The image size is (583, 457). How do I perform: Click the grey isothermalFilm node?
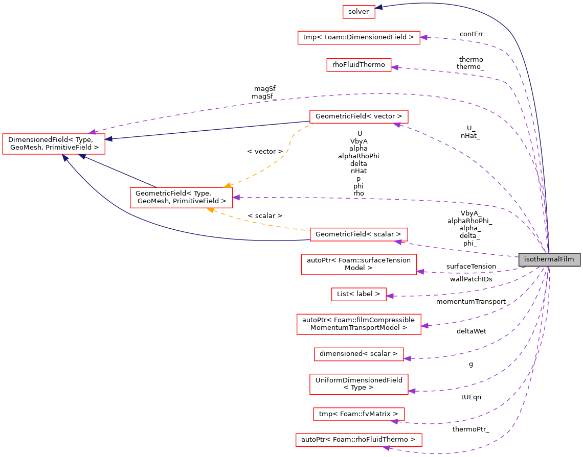pos(549,259)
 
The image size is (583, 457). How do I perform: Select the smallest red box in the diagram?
pos(358,12)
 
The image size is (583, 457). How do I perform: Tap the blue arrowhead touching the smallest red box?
pos(379,7)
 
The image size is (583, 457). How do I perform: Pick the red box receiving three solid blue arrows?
pos(53,144)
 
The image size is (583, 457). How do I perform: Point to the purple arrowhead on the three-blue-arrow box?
pos(92,132)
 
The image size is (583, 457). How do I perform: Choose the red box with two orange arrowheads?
pos(181,198)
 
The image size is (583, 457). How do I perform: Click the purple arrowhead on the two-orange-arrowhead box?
pos(236,197)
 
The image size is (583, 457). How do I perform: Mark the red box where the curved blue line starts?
pos(358,234)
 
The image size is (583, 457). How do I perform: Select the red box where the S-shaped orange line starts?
pos(358,117)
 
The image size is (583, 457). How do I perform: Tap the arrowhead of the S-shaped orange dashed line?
pos(227,185)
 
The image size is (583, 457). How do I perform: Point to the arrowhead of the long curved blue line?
pos(65,158)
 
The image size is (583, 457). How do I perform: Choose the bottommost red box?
pos(358,440)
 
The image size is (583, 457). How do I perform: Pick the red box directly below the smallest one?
pos(358,38)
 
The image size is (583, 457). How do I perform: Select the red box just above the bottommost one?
pos(358,414)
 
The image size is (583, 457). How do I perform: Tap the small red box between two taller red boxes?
pos(358,294)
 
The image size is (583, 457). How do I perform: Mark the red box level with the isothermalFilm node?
pos(358,264)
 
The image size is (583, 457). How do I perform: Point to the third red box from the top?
pos(358,65)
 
